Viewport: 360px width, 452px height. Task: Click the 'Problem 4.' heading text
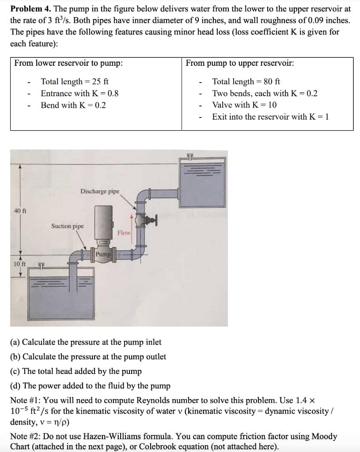pos(30,9)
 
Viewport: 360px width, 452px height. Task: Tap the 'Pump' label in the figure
pos(103,254)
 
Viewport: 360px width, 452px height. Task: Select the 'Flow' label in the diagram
pos(124,233)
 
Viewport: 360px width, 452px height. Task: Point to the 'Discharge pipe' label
pos(99,191)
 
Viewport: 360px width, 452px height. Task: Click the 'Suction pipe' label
pos(67,226)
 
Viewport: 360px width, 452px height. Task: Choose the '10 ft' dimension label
pos(19,264)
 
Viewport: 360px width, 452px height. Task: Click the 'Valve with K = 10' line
pos(244,105)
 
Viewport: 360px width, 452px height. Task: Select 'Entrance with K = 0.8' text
pos(80,94)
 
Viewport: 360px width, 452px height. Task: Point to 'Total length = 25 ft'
pos(75,82)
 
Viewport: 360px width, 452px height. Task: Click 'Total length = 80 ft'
pos(246,82)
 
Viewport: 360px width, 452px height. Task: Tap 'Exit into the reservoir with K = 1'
pos(270,117)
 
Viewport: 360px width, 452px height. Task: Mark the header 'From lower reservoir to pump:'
pos(68,63)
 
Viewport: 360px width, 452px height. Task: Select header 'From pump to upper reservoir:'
pos(240,63)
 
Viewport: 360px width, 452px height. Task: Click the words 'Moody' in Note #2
pos(324,437)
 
